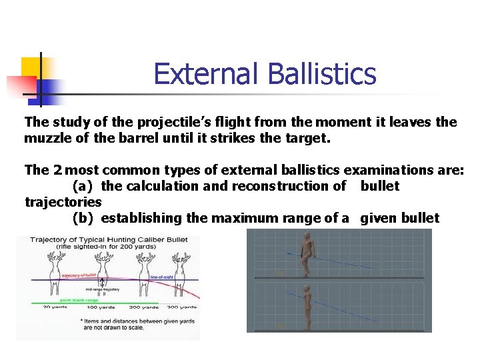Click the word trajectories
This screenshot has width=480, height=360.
[x=63, y=202]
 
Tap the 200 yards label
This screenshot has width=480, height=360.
[x=143, y=307]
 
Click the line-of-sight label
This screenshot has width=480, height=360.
[x=162, y=276]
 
